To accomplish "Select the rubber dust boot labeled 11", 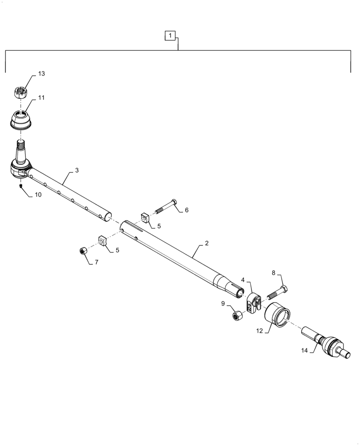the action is pos(20,120).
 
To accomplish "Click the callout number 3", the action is pos(77,171).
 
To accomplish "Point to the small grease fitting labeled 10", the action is pos(21,186).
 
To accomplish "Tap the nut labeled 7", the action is pos(82,251).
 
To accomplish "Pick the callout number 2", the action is pos(207,244).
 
